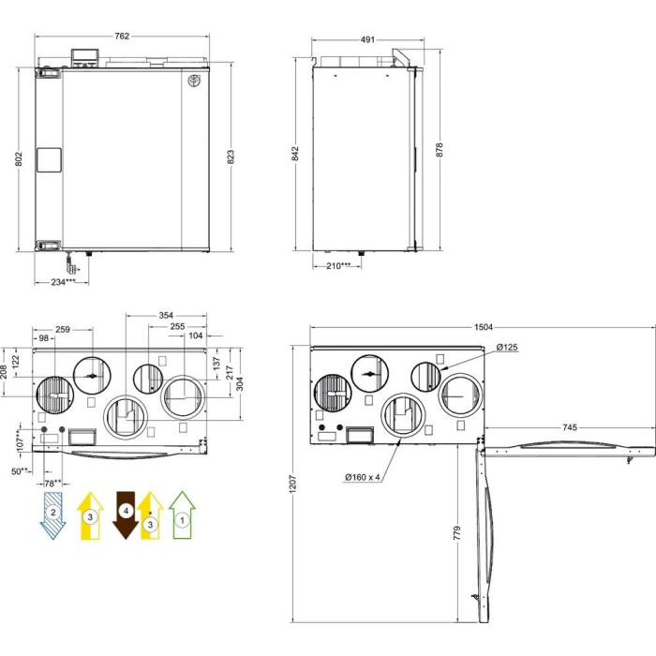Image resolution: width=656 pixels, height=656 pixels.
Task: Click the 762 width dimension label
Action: coord(122,36)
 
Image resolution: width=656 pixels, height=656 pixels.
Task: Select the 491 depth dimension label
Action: coord(367,39)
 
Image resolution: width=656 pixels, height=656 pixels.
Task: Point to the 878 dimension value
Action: coord(439,150)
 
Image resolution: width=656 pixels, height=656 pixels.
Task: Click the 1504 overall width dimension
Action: coord(484,327)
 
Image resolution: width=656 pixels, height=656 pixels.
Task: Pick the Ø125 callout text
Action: coord(507,347)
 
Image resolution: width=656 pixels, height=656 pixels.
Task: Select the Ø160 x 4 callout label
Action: coord(363,477)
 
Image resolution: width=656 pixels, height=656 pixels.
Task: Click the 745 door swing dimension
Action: coord(570,427)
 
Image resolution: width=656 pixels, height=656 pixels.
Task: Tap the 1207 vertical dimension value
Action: coord(292,484)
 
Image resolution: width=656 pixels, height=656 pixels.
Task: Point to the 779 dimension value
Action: coord(457,533)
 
